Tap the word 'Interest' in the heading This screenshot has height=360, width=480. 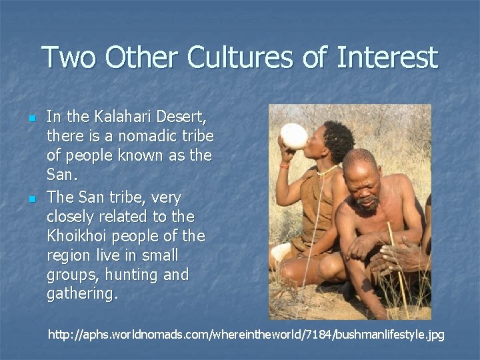pyautogui.click(x=387, y=58)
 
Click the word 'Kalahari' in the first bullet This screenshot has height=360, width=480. pyautogui.click(x=119, y=117)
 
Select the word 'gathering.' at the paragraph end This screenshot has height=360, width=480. pyautogui.click(x=83, y=294)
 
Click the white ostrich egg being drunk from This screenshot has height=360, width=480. pyautogui.click(x=294, y=136)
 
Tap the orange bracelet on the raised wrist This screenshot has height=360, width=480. pyautogui.click(x=285, y=165)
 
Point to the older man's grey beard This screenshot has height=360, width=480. pyautogui.click(x=365, y=205)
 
